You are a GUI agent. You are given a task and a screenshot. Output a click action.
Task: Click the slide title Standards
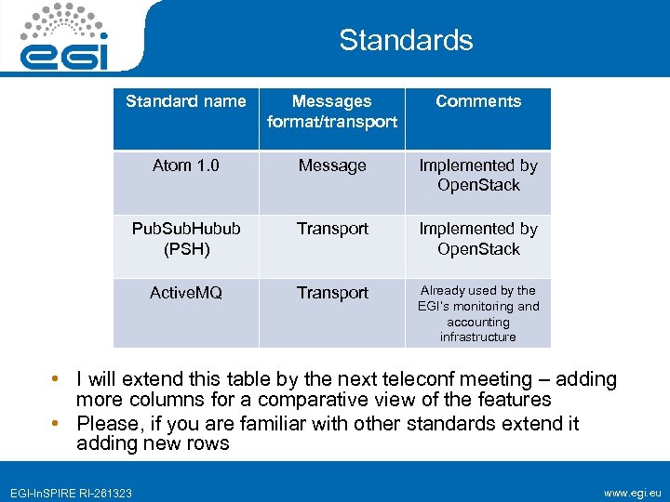(406, 40)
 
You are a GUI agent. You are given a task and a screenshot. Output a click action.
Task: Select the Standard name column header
(186, 101)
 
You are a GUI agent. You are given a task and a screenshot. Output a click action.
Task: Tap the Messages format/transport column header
(332, 112)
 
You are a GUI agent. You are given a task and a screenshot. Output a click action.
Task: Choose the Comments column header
(478, 101)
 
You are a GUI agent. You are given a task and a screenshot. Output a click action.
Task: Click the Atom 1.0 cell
(186, 165)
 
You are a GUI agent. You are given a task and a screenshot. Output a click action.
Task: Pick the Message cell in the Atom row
(332, 165)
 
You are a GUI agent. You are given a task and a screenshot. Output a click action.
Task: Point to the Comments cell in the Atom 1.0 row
(478, 175)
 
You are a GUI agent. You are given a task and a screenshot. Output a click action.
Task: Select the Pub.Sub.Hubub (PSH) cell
(186, 238)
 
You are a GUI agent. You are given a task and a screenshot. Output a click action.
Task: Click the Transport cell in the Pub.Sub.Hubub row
(332, 229)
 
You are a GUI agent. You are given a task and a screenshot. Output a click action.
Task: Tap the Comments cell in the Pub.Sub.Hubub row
(478, 238)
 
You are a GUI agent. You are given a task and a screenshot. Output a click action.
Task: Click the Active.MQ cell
(186, 293)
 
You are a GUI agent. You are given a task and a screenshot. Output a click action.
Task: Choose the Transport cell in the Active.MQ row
(332, 293)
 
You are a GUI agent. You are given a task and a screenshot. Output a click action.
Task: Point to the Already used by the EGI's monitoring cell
(478, 313)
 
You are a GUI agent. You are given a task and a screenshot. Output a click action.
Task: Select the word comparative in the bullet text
(306, 400)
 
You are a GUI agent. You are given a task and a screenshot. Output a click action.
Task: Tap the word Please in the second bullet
(107, 424)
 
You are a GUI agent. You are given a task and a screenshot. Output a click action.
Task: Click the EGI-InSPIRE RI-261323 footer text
(72, 493)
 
